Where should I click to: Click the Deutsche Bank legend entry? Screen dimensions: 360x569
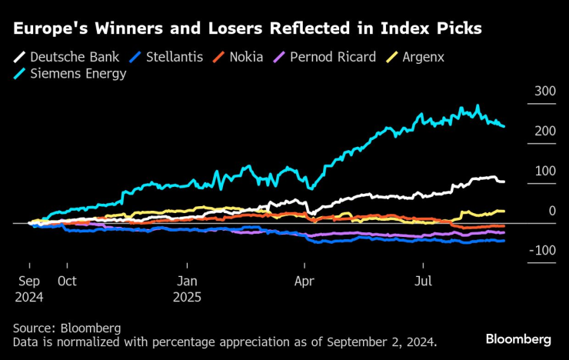(x=65, y=57)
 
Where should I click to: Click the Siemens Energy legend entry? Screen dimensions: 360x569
(x=78, y=75)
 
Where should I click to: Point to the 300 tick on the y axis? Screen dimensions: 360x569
(x=545, y=91)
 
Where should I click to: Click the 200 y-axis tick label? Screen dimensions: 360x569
(x=545, y=131)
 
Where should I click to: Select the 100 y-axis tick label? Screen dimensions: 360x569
(x=545, y=171)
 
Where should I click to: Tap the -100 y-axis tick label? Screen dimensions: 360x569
(x=543, y=251)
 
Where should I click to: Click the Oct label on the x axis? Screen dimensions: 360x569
(x=67, y=281)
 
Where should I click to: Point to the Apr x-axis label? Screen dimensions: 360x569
(x=305, y=281)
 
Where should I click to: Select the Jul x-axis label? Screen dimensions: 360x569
(x=424, y=281)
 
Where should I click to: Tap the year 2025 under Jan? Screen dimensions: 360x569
(x=188, y=296)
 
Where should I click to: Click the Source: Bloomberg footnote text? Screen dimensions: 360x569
(x=67, y=328)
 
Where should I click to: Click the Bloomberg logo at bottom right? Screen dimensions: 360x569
(x=518, y=339)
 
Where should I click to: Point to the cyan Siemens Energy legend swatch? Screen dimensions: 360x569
(x=20, y=75)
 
